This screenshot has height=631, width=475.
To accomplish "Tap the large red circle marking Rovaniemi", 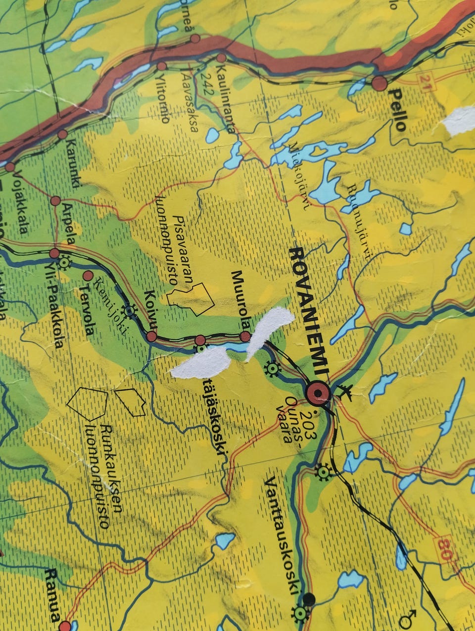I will (318, 394).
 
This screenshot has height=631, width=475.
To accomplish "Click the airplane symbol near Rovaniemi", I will (345, 392).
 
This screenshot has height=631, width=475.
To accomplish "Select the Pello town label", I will (397, 109).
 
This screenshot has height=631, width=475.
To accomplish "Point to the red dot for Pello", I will (380, 83).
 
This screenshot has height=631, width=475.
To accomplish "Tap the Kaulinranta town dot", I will (221, 58).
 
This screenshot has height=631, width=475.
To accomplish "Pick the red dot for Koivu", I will (151, 337).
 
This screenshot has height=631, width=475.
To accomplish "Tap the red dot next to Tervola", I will (88, 275).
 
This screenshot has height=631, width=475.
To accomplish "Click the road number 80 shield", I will (444, 548).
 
